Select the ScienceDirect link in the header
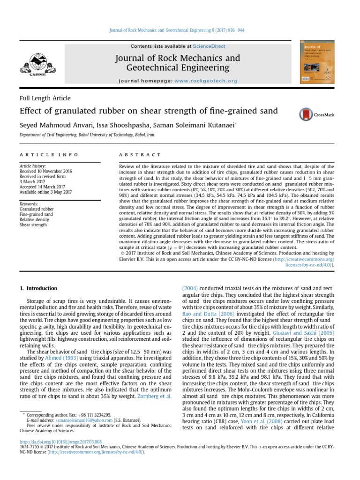click(209, 46)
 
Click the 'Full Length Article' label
click(45, 98)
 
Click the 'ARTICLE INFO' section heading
click(49, 155)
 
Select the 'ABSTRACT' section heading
click(141, 155)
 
